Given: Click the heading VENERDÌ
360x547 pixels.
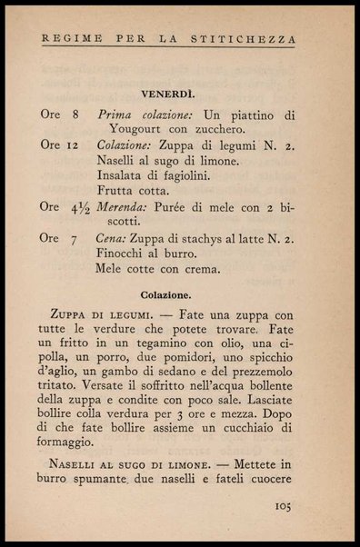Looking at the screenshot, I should pos(180,94).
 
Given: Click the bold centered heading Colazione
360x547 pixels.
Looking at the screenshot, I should pos(179,294).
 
